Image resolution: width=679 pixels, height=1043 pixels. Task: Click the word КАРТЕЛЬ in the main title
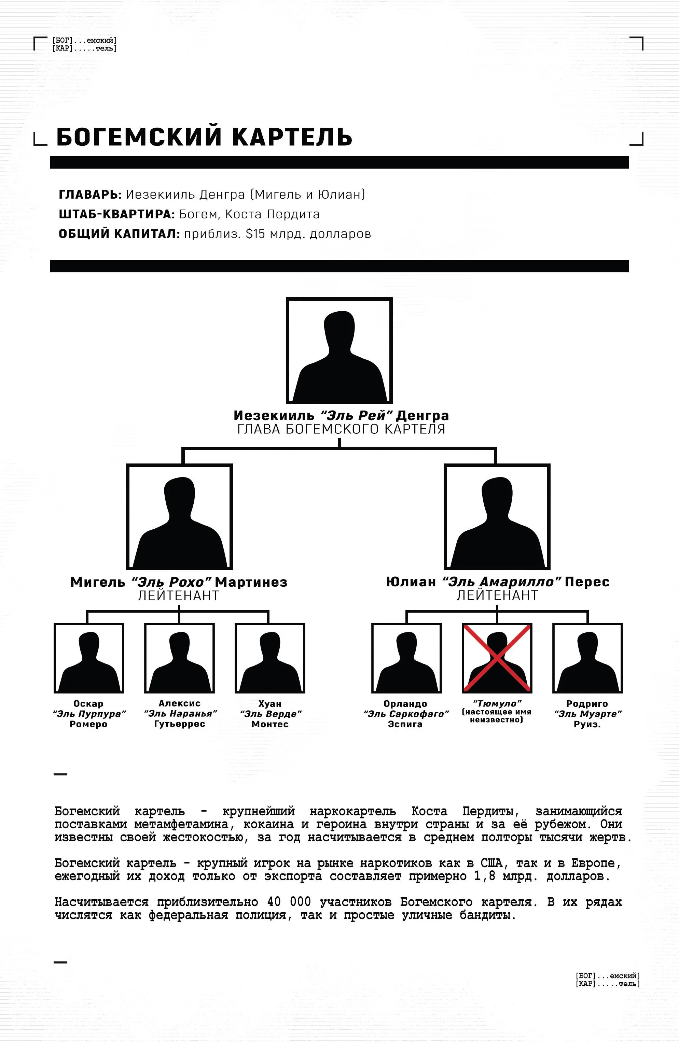(x=292, y=137)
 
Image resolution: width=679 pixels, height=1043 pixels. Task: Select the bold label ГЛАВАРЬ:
(x=90, y=194)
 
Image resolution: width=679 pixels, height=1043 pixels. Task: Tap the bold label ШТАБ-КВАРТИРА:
(x=117, y=214)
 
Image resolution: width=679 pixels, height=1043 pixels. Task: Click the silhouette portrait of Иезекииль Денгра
(x=339, y=351)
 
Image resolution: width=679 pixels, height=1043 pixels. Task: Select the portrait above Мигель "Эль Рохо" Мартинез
(x=179, y=517)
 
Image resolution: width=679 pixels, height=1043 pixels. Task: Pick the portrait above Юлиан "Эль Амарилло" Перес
(x=497, y=517)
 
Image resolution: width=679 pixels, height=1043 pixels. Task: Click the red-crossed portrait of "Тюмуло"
(x=497, y=658)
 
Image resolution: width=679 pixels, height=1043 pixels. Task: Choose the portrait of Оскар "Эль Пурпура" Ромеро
(x=89, y=658)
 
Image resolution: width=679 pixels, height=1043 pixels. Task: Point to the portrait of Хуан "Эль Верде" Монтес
(x=270, y=658)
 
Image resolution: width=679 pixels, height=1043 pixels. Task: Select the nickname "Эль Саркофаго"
(x=406, y=714)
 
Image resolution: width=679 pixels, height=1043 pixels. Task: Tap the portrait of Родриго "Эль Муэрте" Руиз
(x=588, y=658)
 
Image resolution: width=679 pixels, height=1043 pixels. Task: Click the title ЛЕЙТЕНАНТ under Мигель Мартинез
(x=179, y=596)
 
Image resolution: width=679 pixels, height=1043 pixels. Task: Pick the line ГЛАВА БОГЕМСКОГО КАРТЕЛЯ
(x=341, y=429)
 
